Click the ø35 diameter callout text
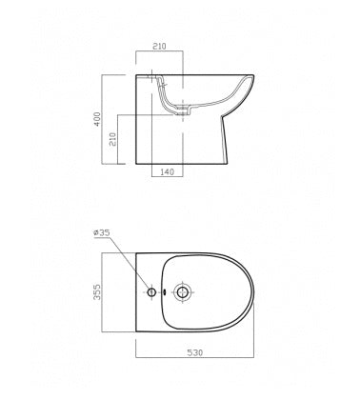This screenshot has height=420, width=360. (x=104, y=231)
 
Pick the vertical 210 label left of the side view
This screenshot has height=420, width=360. (x=113, y=139)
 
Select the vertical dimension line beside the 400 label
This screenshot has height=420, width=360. (x=107, y=120)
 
